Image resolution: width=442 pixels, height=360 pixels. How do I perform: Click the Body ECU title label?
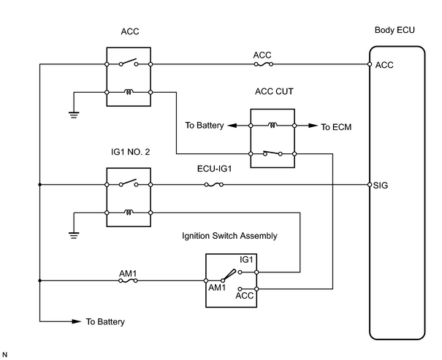395,30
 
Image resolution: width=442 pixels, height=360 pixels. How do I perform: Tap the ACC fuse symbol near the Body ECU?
263,64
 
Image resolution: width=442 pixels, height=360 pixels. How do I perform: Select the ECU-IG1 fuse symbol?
214,185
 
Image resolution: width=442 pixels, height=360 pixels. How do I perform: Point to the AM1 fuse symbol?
128,280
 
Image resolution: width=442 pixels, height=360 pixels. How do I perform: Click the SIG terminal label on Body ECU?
381,185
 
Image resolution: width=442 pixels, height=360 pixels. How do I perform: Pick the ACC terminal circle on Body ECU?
370,64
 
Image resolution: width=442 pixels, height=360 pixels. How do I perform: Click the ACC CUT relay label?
274,91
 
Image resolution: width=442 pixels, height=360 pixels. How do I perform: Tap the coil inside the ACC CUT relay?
273,125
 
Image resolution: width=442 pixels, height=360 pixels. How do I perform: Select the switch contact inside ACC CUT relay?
273,153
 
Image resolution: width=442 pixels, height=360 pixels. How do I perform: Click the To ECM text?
336,127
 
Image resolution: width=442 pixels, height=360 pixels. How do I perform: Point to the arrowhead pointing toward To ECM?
313,126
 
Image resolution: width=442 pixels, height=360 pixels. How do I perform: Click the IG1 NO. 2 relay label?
131,152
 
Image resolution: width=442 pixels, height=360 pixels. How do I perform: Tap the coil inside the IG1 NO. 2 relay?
129,212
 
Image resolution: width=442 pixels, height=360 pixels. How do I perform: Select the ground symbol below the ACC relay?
74,115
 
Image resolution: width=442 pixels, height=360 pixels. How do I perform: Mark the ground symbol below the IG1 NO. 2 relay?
74,235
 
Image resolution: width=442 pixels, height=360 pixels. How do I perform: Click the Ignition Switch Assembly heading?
229,236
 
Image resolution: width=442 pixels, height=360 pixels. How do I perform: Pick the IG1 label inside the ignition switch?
246,259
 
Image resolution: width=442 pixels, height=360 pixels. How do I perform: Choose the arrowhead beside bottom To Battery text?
77,321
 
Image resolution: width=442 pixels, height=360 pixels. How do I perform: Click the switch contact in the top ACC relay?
129,63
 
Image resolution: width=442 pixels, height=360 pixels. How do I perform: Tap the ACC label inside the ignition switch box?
245,296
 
